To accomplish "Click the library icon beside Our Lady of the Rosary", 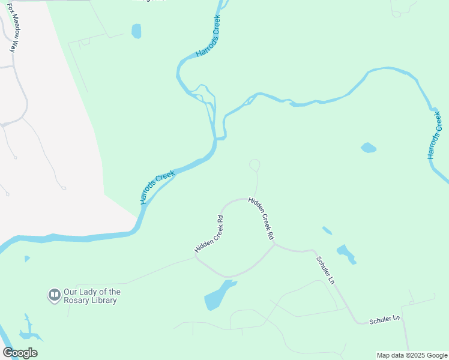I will click(54, 295).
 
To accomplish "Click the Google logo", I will click(20, 353).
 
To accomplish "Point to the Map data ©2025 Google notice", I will click(412, 355).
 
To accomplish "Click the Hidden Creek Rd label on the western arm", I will click(209, 234).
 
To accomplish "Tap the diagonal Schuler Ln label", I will click(325, 270).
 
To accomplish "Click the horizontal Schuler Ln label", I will click(384, 318).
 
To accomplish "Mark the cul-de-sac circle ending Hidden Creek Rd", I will click(255, 164).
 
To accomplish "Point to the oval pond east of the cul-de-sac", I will click(369, 147).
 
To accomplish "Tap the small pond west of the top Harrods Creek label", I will click(136, 31).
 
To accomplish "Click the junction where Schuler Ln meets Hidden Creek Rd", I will click(274, 244).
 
